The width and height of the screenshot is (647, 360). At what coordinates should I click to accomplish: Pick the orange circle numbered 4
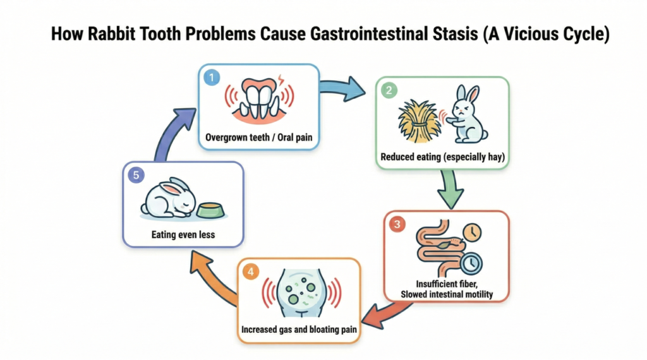[x=251, y=273]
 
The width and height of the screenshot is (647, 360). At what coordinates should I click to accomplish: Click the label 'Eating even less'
[x=183, y=234]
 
